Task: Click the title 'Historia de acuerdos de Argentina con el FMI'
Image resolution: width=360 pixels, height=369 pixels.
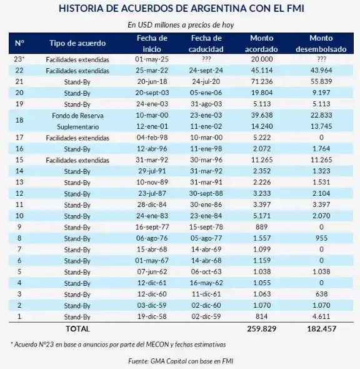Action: pos(180,9)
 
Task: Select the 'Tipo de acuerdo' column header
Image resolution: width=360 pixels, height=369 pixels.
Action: pos(77,43)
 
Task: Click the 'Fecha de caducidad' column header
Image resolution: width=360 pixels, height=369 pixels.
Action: pos(206,43)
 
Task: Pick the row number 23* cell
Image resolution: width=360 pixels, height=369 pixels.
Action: pos(19,59)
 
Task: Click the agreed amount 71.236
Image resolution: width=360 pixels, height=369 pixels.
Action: pos(261,82)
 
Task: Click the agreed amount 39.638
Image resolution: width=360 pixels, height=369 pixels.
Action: pos(261,116)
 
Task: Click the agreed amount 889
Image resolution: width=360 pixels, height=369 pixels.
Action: pos(261,227)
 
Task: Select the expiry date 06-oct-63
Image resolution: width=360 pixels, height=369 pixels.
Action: pos(206,272)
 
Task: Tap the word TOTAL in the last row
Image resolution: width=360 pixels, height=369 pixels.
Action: pos(77,328)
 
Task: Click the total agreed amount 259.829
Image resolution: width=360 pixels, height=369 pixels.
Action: pos(261,328)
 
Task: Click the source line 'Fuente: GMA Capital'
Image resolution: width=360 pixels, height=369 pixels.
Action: pos(180,361)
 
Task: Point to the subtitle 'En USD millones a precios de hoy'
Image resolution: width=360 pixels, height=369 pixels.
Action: pos(180,25)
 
